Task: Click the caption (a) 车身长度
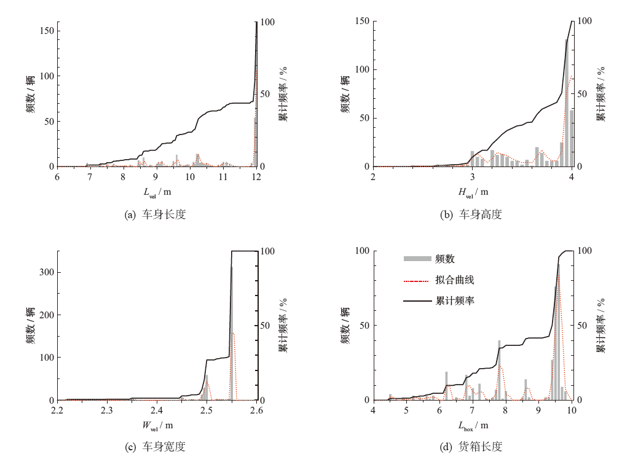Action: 155,214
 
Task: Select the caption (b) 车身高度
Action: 471,214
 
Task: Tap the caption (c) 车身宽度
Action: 155,447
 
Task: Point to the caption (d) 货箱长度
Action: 471,447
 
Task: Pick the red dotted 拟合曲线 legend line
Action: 417,280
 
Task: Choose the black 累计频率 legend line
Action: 417,301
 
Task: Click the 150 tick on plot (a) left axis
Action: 47,31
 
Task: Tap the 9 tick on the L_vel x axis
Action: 157,177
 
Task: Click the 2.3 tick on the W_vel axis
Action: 107,410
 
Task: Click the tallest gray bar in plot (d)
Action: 558,332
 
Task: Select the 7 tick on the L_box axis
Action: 471,410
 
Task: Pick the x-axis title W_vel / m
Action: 157,425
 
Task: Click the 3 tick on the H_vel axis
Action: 472,177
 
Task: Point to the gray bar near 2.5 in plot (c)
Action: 207,388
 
